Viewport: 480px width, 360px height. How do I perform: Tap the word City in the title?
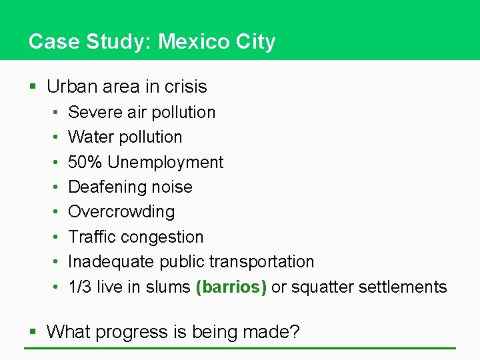tap(255, 42)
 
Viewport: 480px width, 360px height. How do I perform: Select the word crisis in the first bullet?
tap(184, 87)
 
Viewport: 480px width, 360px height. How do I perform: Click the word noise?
tap(171, 187)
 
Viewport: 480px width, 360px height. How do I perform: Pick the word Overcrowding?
tap(121, 212)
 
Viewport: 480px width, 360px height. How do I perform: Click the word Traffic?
tap(93, 237)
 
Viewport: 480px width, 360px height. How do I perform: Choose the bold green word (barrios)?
tap(231, 287)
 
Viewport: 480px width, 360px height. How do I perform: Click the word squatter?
tap(323, 287)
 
